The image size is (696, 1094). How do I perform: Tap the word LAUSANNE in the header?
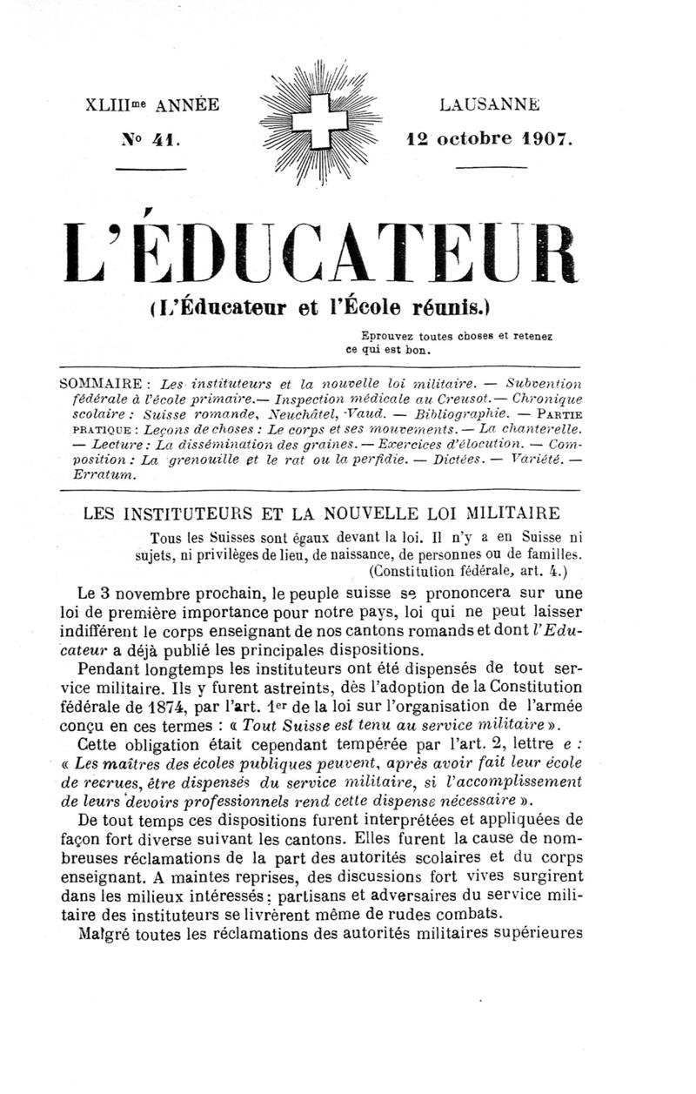[x=490, y=105]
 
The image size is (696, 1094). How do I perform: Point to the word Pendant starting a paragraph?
[x=109, y=669]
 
